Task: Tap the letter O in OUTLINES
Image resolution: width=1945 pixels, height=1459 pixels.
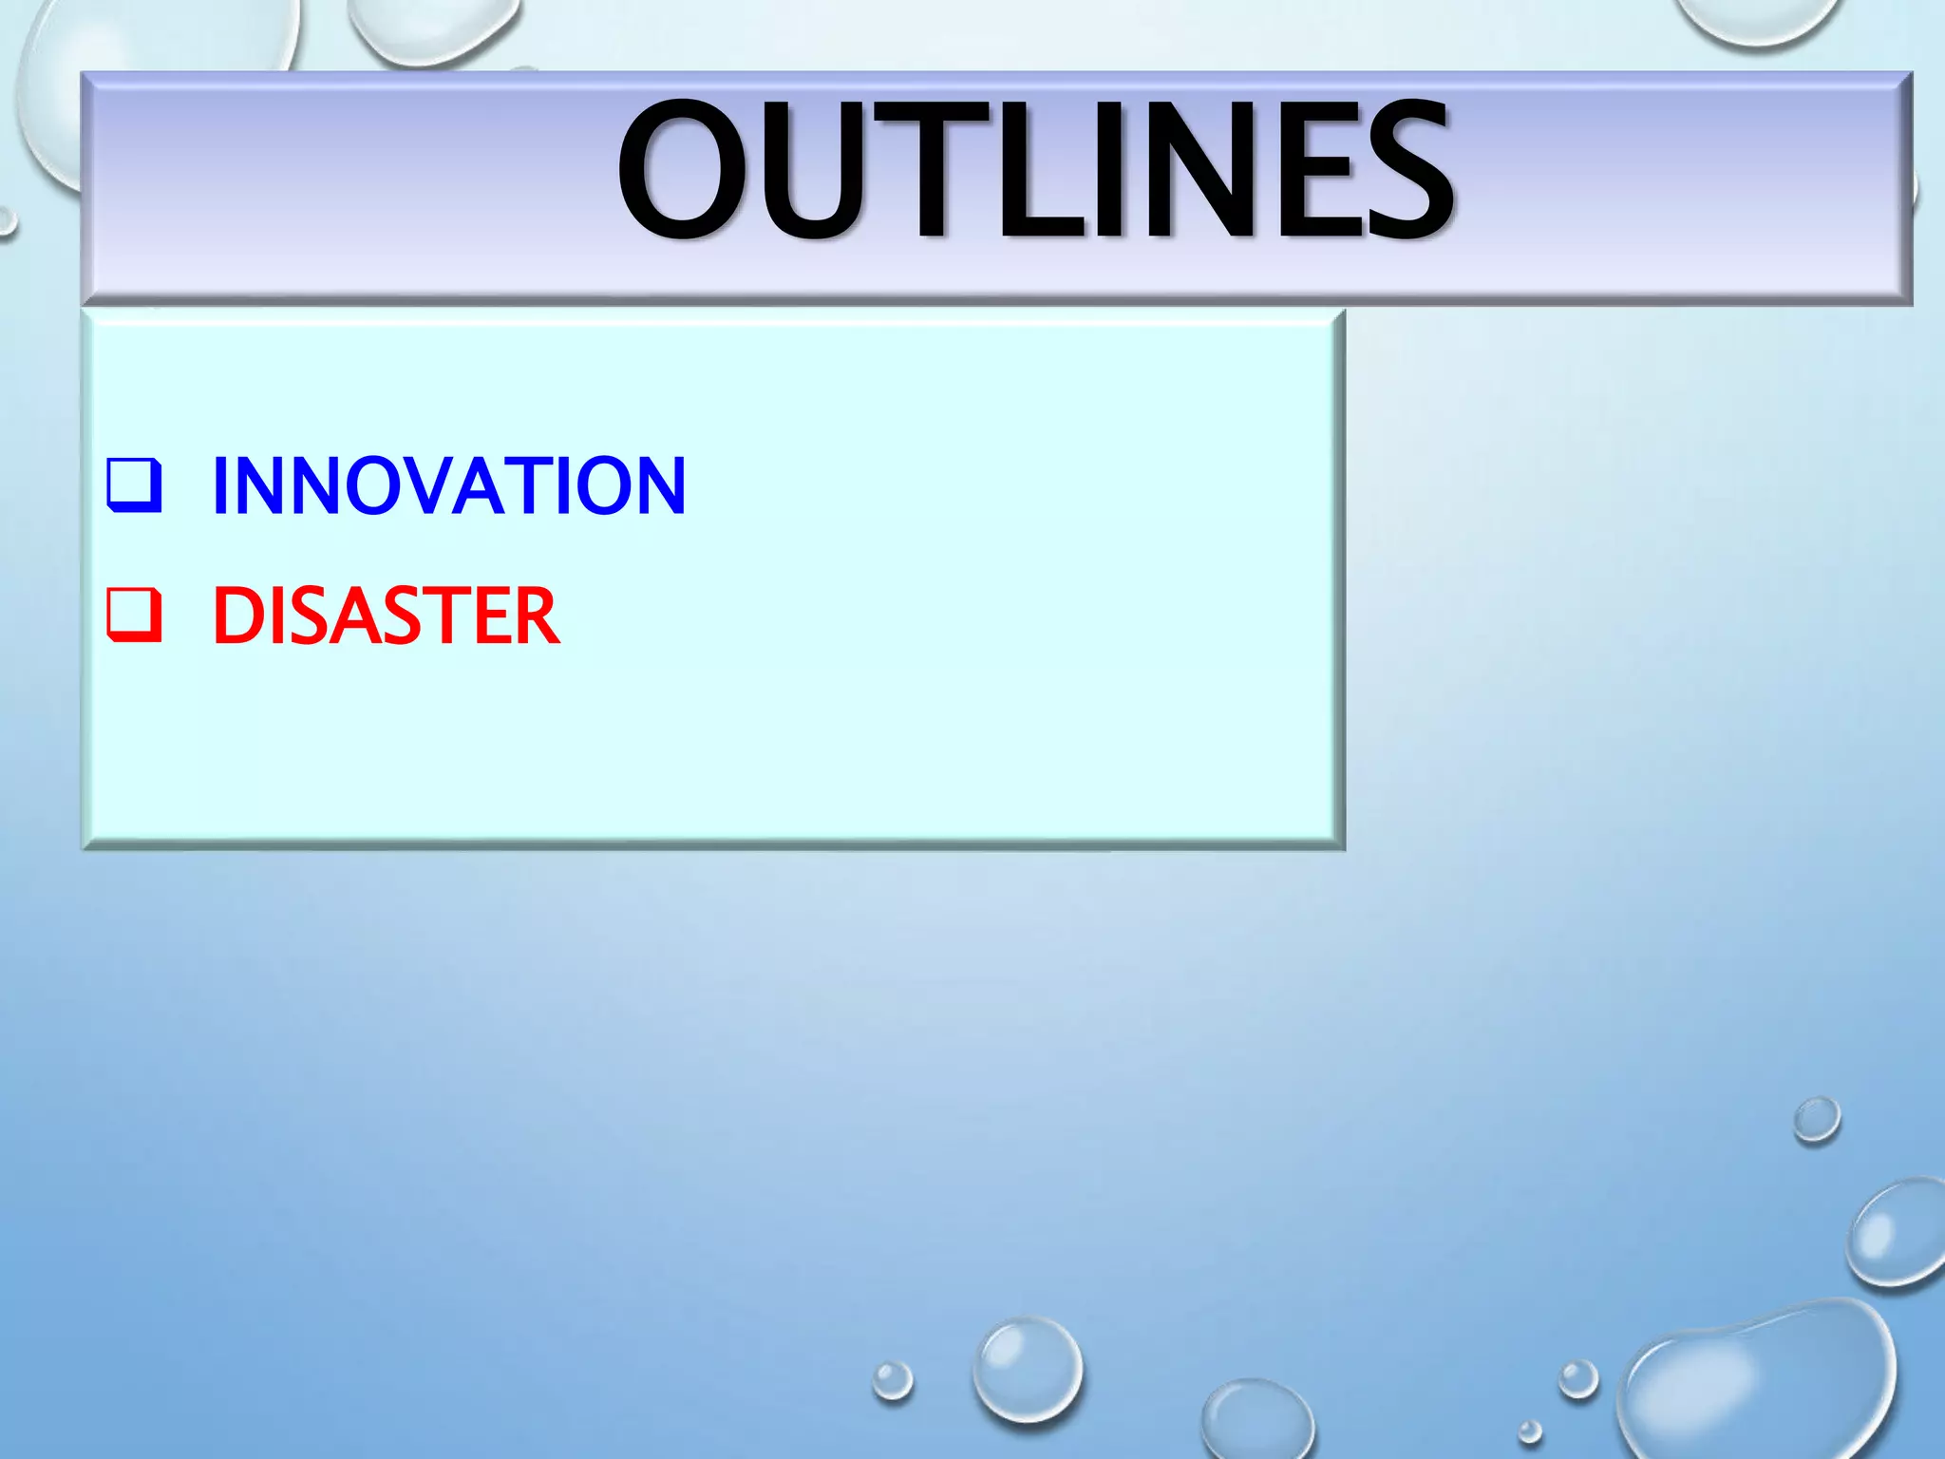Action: [x=682, y=171]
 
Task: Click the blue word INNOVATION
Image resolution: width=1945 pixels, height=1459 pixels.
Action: [x=448, y=485]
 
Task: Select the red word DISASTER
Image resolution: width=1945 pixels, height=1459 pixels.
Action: [x=386, y=616]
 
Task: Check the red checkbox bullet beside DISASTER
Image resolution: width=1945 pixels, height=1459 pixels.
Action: [x=134, y=615]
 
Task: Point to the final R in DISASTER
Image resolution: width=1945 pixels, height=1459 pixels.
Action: [x=538, y=616]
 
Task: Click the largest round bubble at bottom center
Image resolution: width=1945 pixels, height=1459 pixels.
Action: [x=1028, y=1368]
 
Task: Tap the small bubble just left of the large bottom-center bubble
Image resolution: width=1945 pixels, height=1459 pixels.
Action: [x=892, y=1380]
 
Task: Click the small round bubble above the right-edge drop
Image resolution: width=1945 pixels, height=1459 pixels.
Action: [x=1817, y=1120]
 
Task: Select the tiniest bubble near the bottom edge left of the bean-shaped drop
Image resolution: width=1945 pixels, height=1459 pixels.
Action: [x=1529, y=1431]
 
